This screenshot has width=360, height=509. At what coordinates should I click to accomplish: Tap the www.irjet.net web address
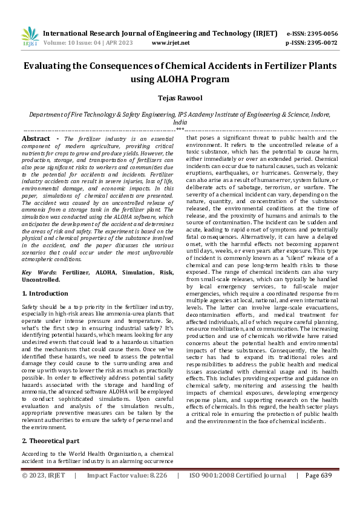[x=171, y=43]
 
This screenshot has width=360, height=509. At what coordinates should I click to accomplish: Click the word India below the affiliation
[x=180, y=122]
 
